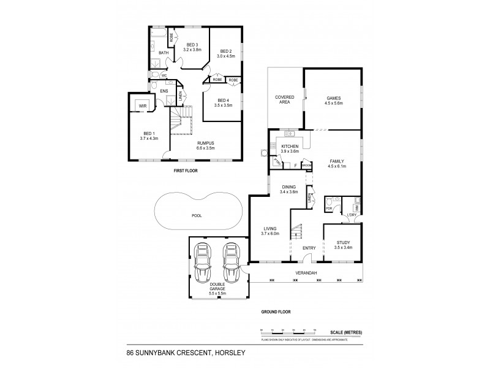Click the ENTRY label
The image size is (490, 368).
coord(309,248)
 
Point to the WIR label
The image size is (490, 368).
coord(143,105)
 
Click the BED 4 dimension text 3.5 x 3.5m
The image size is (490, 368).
coord(222,105)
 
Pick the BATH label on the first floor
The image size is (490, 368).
coord(164,53)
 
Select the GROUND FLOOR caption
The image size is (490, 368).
coord(276,312)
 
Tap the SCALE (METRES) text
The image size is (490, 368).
coord(345,332)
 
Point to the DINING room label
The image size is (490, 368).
coord(289,187)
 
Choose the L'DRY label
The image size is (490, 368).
coord(352,213)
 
